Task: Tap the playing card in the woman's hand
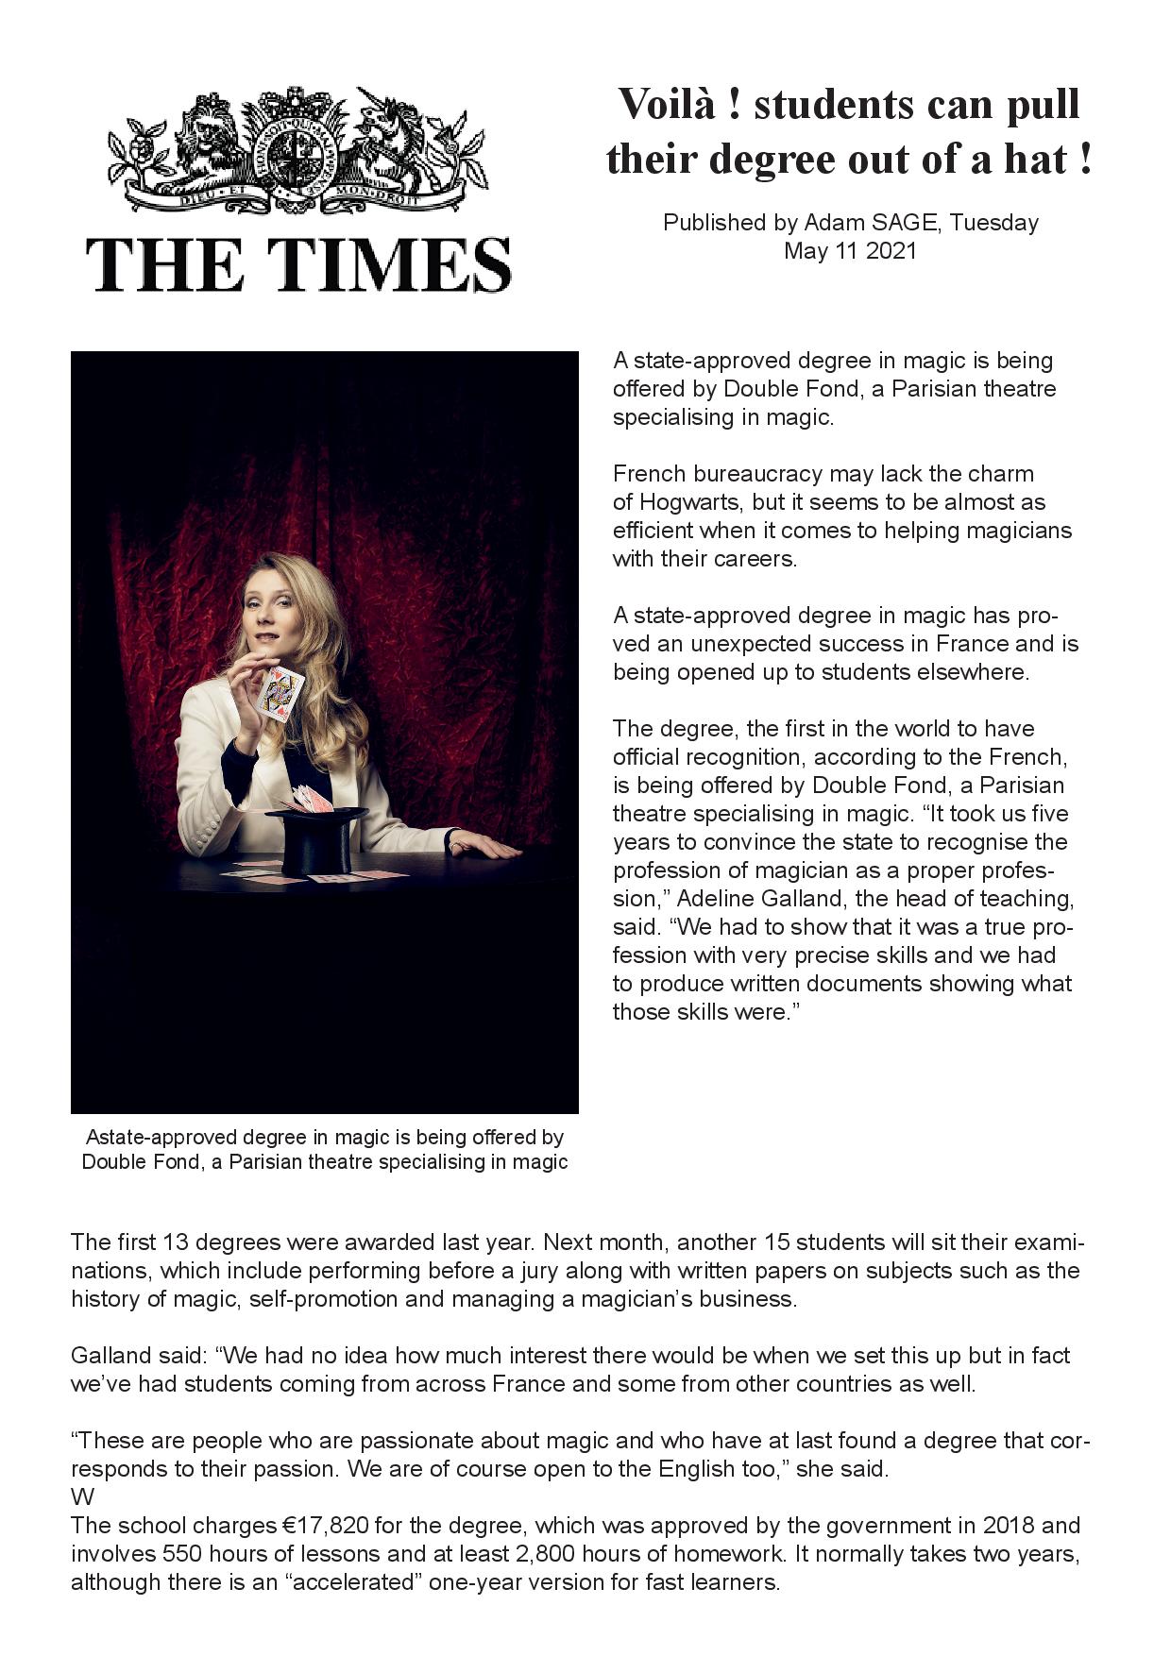coord(280,693)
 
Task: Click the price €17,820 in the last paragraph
coord(326,1526)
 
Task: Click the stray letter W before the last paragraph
coord(81,1498)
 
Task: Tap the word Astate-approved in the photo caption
coord(155,1138)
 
